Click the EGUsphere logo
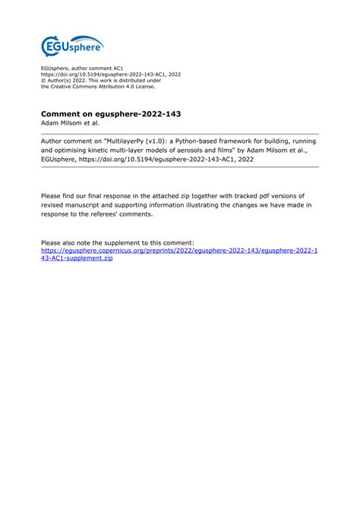[72, 46]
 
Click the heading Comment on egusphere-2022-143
[111, 114]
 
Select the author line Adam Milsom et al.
[70, 123]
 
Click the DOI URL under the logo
[111, 74]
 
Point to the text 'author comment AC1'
[99, 68]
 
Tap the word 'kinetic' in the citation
[109, 150]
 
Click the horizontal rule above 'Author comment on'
[179, 134]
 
